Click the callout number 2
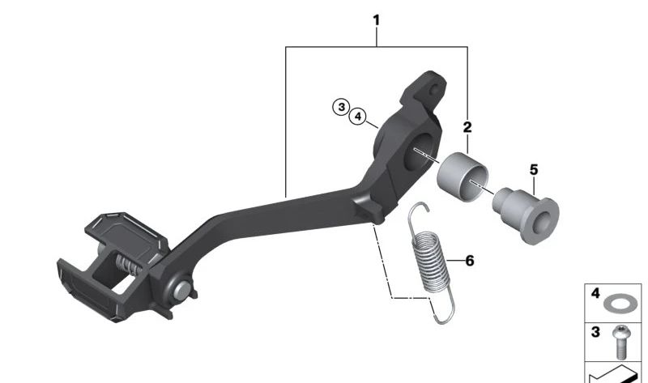(467, 127)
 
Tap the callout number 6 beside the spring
(470, 261)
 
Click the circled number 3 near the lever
(342, 107)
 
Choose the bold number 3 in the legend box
(595, 332)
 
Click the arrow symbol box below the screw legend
(615, 372)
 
